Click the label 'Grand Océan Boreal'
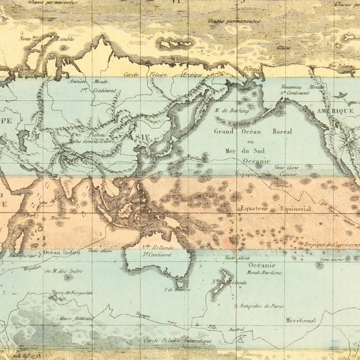pos(253,132)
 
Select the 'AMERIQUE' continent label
pos(335,111)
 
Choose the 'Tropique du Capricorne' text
pos(331,245)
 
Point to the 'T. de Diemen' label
pos(174,290)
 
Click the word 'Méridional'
pos(300,320)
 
